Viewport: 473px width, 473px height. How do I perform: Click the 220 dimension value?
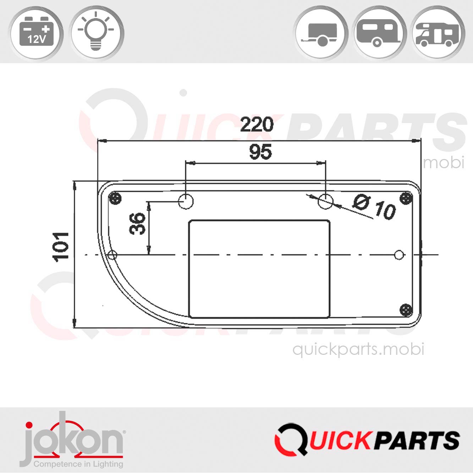tap(257, 125)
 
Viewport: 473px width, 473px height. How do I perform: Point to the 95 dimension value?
tap(260, 152)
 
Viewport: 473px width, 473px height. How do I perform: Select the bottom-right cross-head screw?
tap(406, 310)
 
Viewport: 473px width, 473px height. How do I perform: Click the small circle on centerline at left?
tap(112, 255)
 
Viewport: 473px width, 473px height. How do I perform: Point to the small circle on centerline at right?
tap(399, 254)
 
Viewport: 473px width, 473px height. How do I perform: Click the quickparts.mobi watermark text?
tap(358, 350)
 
